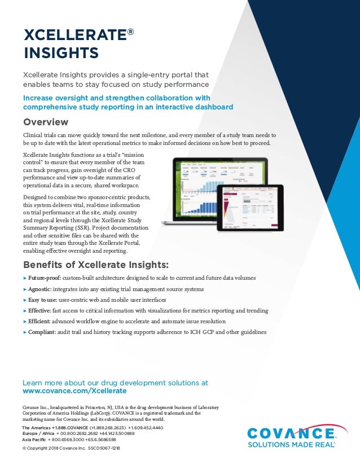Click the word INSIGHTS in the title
click(60, 54)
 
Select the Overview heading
click(46, 122)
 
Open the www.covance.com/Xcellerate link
click(74, 390)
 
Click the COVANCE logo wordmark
click(291, 434)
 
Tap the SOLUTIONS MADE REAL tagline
click(291, 445)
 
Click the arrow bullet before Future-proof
click(25, 279)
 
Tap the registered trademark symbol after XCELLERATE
click(130, 32)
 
